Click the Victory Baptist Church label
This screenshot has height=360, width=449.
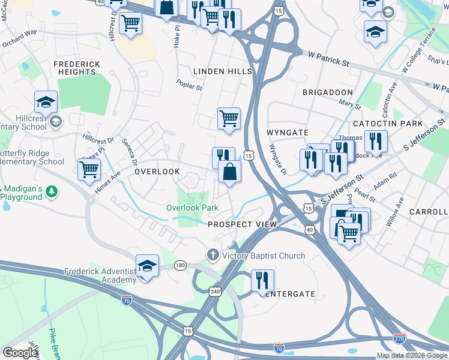pyautogui.click(x=264, y=256)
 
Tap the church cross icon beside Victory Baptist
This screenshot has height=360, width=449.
pyautogui.click(x=212, y=256)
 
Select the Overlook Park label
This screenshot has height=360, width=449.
pyautogui.click(x=191, y=208)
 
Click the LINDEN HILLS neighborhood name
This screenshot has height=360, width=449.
pyautogui.click(x=223, y=71)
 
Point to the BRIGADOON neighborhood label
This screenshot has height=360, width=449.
pyautogui.click(x=327, y=92)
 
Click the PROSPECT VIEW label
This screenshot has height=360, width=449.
pyautogui.click(x=242, y=224)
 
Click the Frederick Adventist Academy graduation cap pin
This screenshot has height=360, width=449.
pyautogui.click(x=147, y=266)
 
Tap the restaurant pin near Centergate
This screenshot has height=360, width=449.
pyautogui.click(x=262, y=281)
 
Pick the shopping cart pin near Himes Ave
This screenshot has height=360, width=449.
pyautogui.click(x=89, y=169)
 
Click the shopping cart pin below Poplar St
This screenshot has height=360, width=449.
pyautogui.click(x=229, y=118)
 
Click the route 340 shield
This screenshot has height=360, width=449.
pyautogui.click(x=215, y=292)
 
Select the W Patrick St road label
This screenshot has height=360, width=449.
pyautogui.click(x=328, y=58)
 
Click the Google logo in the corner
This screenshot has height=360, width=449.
pyautogui.click(x=20, y=353)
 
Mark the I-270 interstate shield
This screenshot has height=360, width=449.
pyautogui.click(x=399, y=339)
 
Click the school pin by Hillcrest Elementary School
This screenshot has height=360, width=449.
pyautogui.click(x=46, y=102)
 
